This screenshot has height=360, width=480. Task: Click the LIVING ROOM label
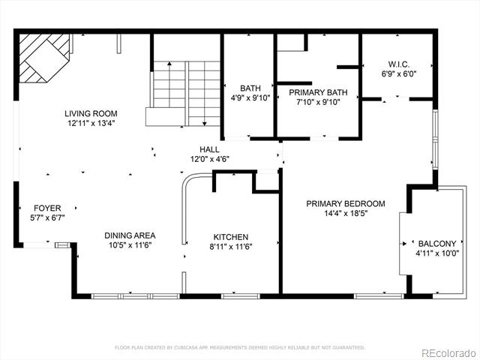tap(91, 113)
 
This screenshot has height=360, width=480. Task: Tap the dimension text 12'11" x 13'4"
tap(91, 123)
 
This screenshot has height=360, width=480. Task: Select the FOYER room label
tap(47, 208)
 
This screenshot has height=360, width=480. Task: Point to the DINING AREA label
tap(130, 235)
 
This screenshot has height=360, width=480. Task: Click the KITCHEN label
tap(231, 237)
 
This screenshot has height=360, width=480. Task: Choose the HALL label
tap(209, 149)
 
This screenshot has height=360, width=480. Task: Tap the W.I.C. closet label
tap(399, 64)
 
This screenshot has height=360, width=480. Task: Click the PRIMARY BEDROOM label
tap(346, 203)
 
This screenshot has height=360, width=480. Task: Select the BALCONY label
tap(437, 244)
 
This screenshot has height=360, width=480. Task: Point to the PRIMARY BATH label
tap(318, 92)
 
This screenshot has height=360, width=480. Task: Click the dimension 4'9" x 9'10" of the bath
tap(250, 98)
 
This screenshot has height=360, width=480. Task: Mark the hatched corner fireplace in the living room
tap(43, 58)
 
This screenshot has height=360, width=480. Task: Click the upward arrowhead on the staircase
tap(169, 63)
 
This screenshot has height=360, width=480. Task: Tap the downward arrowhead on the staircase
tap(205, 124)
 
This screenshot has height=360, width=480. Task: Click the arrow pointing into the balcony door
tap(403, 244)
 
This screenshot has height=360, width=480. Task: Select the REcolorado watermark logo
tap(449, 353)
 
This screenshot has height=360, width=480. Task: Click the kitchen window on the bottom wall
tap(241, 296)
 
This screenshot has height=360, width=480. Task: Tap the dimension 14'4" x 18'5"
tap(346, 213)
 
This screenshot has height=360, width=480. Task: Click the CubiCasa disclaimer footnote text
tap(240, 347)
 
